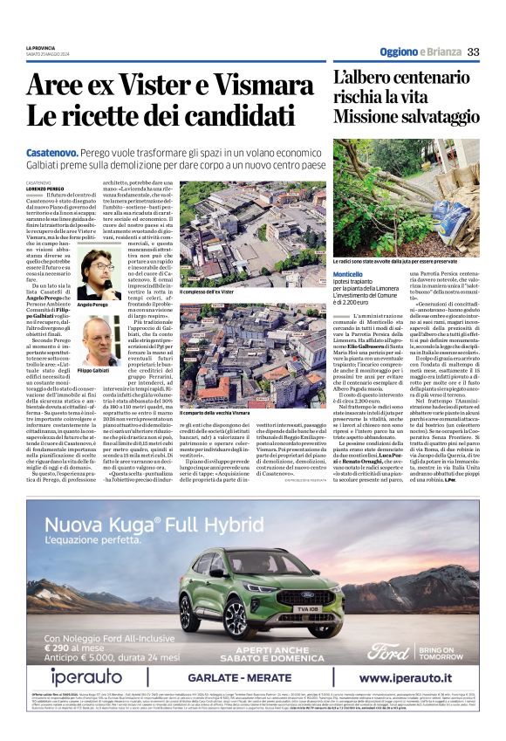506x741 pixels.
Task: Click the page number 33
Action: tap(474, 51)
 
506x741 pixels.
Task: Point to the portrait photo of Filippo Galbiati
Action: tap(100, 341)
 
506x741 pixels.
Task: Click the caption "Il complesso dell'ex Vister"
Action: tap(209, 291)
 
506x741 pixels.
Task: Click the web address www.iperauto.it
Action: tap(416, 678)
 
